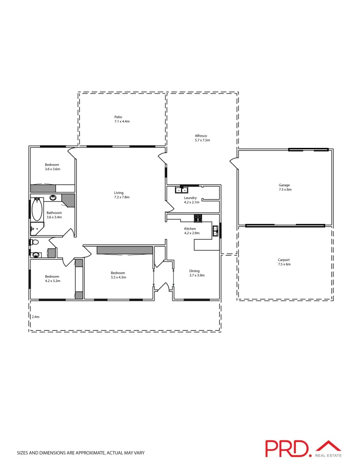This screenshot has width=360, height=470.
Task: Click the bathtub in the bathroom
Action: pyautogui.click(x=37, y=210)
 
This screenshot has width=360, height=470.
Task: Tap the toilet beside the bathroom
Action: pyautogui.click(x=35, y=242)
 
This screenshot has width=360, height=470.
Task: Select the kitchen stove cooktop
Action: pyautogui.click(x=198, y=217)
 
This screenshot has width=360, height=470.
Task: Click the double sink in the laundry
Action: pyautogui.click(x=182, y=190)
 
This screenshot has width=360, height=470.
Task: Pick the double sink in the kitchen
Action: pyautogui.click(x=215, y=231)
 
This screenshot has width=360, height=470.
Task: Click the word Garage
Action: pyautogui.click(x=284, y=185)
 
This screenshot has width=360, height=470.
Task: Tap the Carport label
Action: pyautogui.click(x=284, y=260)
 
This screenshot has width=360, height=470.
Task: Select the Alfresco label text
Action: pyautogui.click(x=201, y=136)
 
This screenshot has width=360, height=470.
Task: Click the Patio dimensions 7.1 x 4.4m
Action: pyautogui.click(x=122, y=121)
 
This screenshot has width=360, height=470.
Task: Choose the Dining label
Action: pyautogui.click(x=194, y=271)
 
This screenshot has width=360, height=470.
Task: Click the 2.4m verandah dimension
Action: pyautogui.click(x=35, y=317)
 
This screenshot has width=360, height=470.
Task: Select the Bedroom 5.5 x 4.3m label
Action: pyautogui.click(x=118, y=275)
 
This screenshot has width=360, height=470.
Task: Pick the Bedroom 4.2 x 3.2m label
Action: pyautogui.click(x=52, y=279)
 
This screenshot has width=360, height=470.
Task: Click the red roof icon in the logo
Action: pyautogui.click(x=328, y=446)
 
